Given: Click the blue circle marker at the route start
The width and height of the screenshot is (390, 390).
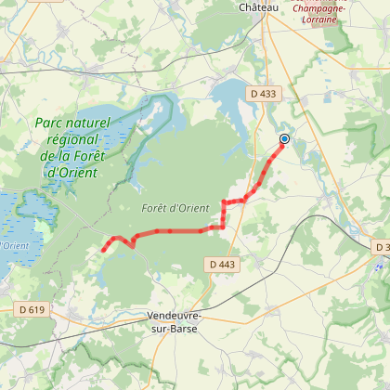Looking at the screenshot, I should point(284,139).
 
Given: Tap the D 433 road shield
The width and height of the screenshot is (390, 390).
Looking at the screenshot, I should point(263,94).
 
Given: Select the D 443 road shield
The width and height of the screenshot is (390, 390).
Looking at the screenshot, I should point(223,265).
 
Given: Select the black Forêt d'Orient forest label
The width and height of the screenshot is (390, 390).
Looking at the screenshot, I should point(172,208).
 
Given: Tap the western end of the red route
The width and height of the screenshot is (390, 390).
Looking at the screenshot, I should point(102,250).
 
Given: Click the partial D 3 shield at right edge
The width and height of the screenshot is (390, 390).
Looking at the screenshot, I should point(383,248).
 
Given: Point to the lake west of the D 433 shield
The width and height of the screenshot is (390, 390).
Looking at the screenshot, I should point(227,96).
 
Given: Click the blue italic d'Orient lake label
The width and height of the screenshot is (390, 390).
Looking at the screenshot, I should point(14,245).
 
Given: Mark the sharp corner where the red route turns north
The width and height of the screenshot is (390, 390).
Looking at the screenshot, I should point(224,226).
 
